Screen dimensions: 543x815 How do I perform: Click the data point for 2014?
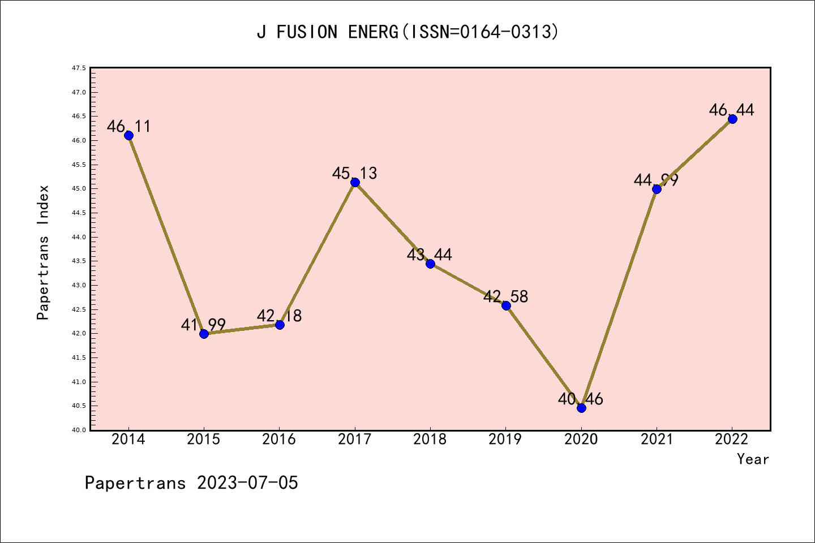[128, 135]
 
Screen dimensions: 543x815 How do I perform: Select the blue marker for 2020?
[581, 408]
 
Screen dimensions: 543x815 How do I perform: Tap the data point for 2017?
[355, 182]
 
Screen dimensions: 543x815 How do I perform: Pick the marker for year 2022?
[732, 119]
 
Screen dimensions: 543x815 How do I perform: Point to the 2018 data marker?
[430, 264]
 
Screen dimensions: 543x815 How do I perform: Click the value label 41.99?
[203, 325]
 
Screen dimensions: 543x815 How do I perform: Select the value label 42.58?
[505, 296]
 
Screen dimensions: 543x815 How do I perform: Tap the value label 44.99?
[656, 180]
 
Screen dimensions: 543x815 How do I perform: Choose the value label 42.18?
[279, 316]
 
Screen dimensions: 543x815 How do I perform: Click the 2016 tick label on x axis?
[279, 439]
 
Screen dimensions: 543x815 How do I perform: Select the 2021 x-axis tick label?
[657, 439]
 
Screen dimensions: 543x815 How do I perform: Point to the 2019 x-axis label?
[505, 439]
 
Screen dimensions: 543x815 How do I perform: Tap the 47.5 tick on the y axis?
[79, 68]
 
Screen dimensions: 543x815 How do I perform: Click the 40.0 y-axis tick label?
[79, 430]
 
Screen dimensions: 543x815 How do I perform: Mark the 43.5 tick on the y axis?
[79, 261]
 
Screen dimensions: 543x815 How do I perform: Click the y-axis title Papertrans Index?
[43, 252]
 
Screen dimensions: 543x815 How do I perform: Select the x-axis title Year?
[753, 459]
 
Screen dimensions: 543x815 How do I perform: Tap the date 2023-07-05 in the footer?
[247, 483]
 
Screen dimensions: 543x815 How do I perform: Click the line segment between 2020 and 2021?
[619, 299]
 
